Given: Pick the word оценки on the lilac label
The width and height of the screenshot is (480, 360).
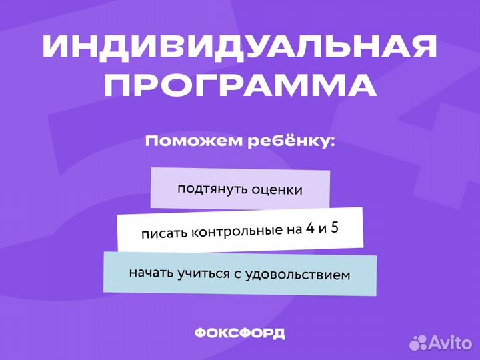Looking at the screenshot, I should point(277,189).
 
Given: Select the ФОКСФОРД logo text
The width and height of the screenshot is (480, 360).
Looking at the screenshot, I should point(240,333).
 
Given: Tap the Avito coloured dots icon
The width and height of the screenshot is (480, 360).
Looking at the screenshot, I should point(419,342).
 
